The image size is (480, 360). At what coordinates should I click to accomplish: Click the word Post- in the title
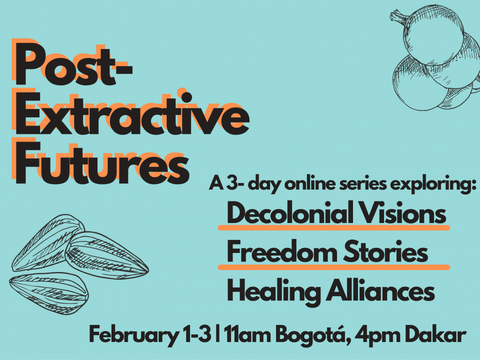point(73,63)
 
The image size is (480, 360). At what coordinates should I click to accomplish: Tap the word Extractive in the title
point(132,113)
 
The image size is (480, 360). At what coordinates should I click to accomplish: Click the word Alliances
point(380,291)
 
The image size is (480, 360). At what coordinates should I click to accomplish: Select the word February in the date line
point(133,335)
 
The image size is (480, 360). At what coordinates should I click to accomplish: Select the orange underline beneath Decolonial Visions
point(333,227)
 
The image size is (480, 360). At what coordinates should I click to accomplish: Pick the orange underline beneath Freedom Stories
point(333,267)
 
